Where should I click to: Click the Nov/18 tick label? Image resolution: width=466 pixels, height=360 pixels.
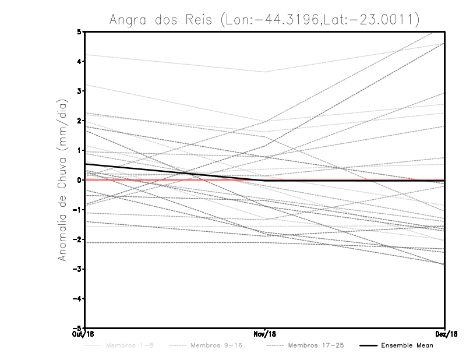click(x=265, y=334)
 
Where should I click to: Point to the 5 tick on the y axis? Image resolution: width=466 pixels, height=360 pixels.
click(x=80, y=31)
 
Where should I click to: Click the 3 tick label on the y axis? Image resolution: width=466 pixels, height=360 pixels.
click(x=80, y=91)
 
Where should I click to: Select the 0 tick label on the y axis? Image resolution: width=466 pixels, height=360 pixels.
click(x=80, y=180)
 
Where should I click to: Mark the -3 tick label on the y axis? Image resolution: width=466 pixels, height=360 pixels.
click(x=78, y=269)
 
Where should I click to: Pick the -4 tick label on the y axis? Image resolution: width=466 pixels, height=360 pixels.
click(x=78, y=299)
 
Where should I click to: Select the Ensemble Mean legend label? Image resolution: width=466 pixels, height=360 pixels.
click(x=407, y=346)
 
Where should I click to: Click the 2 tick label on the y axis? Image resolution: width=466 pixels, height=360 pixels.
click(x=80, y=121)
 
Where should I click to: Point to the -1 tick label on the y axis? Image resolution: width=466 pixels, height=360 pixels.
click(x=78, y=210)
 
